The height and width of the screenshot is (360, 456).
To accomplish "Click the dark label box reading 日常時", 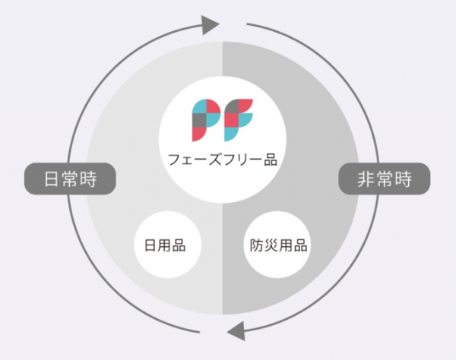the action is (x=70, y=178).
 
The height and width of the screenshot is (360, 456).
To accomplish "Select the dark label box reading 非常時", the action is (x=385, y=178).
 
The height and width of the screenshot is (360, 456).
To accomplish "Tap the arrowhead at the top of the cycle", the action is (x=210, y=25).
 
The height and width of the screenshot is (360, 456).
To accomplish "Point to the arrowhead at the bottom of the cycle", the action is (x=236, y=330).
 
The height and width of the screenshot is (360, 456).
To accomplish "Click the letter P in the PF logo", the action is (x=206, y=120).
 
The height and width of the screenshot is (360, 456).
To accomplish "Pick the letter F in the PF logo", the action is (x=239, y=120).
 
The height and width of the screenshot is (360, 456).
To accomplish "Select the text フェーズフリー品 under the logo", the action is (x=223, y=159).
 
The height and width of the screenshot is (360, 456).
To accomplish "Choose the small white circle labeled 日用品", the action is (x=167, y=245).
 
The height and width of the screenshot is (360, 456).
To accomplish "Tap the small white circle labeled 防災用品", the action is (x=277, y=245).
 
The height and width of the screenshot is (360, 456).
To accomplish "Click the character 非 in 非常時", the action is (x=366, y=179).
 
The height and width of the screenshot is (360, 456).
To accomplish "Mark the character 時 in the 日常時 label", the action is (x=89, y=179).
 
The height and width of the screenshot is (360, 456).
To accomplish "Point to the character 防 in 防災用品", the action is (x=257, y=245).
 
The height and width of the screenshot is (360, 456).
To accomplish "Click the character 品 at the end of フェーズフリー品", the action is (x=271, y=159).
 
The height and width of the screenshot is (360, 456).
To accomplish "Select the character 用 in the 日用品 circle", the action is (x=165, y=245).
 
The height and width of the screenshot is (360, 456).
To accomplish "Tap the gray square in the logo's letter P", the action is (x=199, y=120).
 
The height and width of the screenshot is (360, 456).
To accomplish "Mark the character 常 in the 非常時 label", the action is (x=385, y=179).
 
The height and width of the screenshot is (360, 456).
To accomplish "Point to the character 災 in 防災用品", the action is (x=271, y=245).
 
